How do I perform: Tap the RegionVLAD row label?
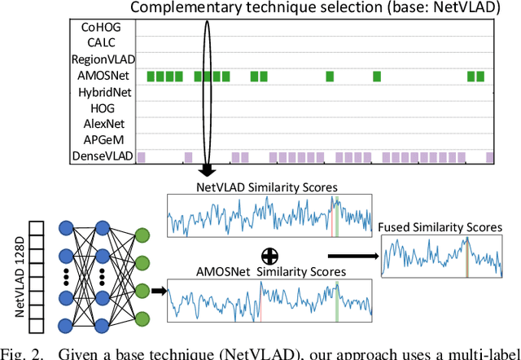coord(103,59)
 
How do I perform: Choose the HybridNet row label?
coord(104,92)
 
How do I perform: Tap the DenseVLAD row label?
coord(103,156)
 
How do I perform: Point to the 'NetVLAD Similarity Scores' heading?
coord(267,187)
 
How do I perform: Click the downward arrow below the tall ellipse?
coord(207,170)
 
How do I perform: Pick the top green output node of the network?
coord(142,235)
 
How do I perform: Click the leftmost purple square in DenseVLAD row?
coord(141,156)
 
